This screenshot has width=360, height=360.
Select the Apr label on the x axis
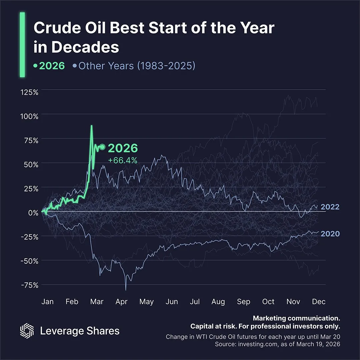pos(122,302)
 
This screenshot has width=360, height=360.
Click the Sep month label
pos(243,302)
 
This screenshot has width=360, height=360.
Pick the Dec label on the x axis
pos(319,302)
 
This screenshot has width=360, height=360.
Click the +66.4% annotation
pos(123,161)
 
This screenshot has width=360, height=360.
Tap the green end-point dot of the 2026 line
pos(102,147)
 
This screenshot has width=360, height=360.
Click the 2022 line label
pos(330,207)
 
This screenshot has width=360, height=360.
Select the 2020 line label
pos(330,234)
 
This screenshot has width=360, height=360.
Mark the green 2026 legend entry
pos(49,66)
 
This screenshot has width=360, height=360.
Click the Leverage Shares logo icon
pos(27,330)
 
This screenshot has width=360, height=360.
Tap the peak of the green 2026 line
pos(91,126)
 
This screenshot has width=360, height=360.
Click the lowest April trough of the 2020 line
pos(126,290)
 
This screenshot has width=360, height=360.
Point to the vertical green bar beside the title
pos(22,45)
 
